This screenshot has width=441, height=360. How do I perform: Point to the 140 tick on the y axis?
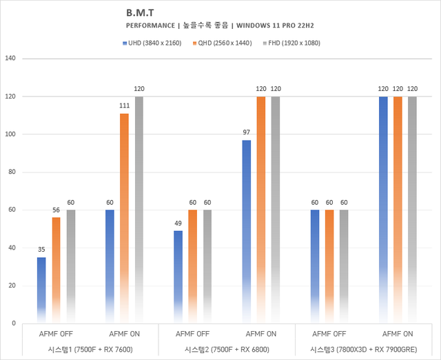click(10, 59)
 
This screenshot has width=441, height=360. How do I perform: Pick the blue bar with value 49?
click(178, 277)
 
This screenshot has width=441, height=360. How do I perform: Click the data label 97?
click(246, 133)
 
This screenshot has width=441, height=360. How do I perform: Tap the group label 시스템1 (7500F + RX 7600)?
click(90, 349)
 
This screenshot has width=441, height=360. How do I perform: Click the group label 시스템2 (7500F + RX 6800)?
click(227, 349)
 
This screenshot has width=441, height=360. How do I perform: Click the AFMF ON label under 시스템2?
click(260, 334)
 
